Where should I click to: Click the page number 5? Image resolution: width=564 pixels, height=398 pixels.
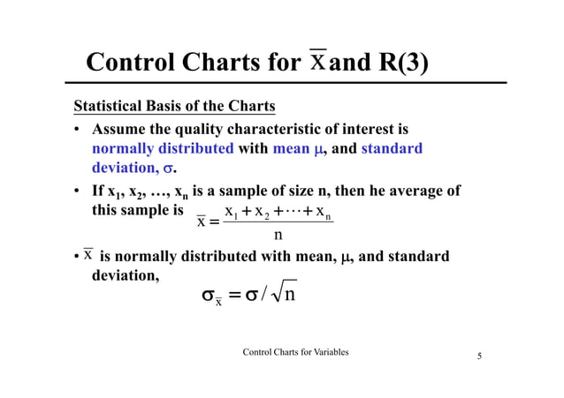479,357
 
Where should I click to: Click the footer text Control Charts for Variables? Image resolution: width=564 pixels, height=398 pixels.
294,352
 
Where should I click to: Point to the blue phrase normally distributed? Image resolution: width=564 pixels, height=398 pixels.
163,148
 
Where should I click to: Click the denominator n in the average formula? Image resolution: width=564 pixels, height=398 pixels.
278,236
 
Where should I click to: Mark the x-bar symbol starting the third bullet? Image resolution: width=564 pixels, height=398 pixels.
88,255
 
